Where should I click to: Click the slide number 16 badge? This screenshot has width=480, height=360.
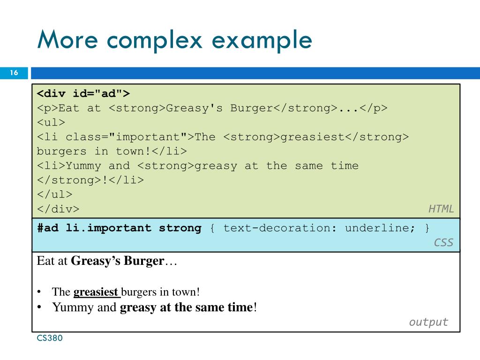coord(14,73)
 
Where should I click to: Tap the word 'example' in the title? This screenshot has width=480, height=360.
coord(262,40)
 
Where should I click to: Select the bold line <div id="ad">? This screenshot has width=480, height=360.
coord(83,93)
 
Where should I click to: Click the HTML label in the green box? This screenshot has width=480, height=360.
coord(441,209)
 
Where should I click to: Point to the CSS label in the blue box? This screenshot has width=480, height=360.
coord(443,242)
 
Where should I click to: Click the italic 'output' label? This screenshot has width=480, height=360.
coord(428,322)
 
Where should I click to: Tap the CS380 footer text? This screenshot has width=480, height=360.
coord(50,338)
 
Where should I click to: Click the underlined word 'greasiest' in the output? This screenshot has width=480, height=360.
coord(96,292)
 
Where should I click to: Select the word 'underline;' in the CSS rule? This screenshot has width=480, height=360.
coord(380,228)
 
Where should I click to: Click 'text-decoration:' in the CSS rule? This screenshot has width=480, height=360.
coord(277,228)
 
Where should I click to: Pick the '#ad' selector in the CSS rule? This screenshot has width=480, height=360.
coord(48,228)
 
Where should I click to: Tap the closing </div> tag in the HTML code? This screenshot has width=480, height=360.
coord(58,209)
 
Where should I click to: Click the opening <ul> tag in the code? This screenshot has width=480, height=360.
coord(51,122)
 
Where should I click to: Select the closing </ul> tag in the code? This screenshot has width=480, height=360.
coord(55,195)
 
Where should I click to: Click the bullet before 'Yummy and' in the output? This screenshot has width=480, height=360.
coord(40,307)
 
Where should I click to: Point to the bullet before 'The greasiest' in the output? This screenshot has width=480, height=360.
coord(40,292)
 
